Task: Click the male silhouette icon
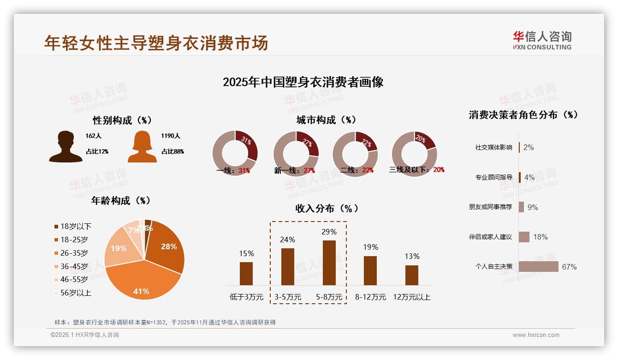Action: (x=65, y=147)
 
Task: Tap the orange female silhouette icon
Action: (x=142, y=147)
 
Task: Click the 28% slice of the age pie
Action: (x=167, y=247)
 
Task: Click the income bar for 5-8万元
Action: (x=329, y=263)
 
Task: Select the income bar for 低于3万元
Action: (x=246, y=273)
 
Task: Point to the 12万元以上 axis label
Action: (x=411, y=297)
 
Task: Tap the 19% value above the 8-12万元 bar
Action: (x=370, y=247)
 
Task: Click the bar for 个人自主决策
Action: (x=538, y=267)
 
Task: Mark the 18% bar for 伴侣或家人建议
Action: (x=524, y=237)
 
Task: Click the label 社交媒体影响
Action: (x=493, y=148)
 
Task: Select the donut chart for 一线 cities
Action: (x=235, y=153)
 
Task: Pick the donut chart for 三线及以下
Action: (x=414, y=153)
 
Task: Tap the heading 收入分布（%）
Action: (x=327, y=208)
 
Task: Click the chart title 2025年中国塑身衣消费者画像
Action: (x=303, y=82)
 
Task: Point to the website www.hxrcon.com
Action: (x=536, y=335)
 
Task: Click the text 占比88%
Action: (x=172, y=151)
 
